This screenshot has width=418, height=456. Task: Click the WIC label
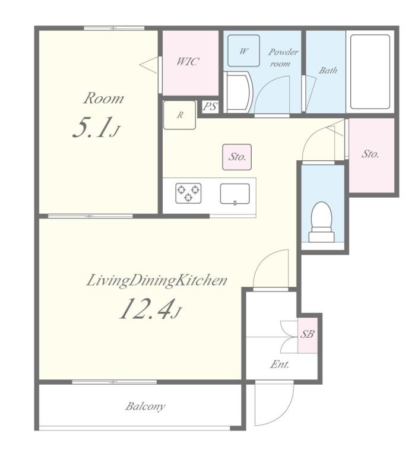(188, 62)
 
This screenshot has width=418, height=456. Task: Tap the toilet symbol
(321, 221)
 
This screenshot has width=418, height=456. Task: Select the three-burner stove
(188, 193)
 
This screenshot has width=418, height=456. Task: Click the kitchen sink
(235, 194)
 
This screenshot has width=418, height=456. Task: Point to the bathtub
(370, 72)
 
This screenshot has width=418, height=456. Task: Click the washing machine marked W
(243, 51)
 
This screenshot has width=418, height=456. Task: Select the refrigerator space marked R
(179, 115)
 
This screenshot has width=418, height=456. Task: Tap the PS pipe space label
(210, 107)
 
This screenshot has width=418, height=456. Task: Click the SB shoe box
(308, 335)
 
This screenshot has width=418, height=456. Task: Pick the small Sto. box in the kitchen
(237, 157)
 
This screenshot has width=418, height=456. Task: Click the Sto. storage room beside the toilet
(372, 156)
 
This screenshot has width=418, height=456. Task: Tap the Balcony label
(145, 406)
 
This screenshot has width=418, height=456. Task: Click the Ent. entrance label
(280, 364)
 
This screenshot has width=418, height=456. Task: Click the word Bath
(328, 71)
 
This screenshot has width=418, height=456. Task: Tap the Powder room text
(283, 58)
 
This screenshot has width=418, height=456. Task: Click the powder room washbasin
(239, 92)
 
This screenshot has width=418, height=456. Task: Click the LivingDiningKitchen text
(157, 281)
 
